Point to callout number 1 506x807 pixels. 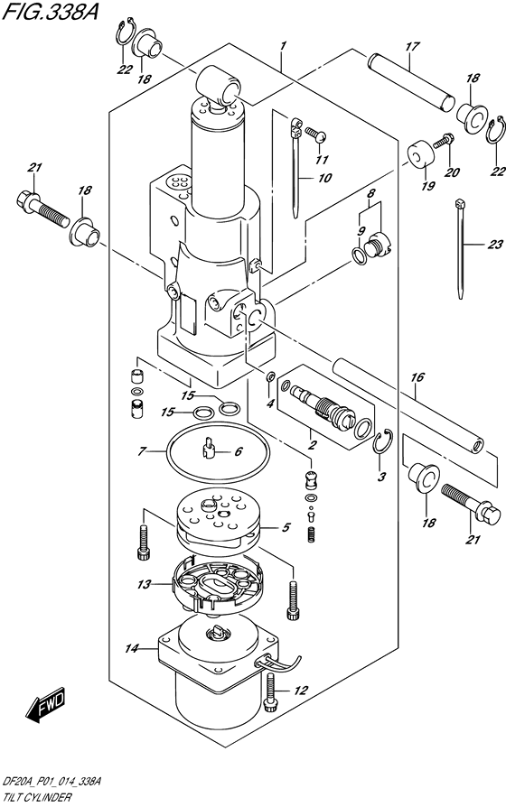point(283,44)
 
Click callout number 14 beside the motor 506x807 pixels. point(133,648)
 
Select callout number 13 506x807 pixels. point(143,584)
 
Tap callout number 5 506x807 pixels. point(286,528)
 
